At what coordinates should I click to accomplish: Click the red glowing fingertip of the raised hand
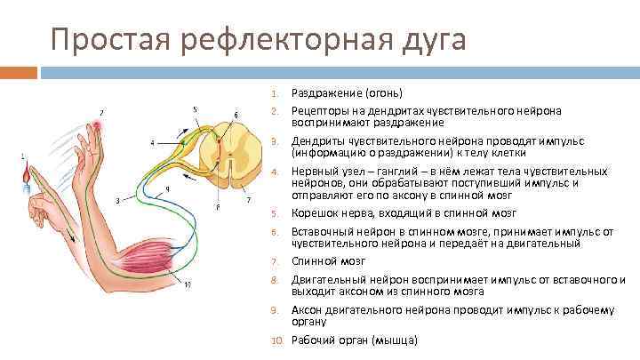tap(96, 128)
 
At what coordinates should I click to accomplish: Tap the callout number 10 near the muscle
tap(187, 285)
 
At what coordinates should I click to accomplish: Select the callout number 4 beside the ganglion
tap(151, 142)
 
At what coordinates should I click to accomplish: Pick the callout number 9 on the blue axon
tap(168, 188)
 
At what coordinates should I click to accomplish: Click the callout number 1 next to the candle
tap(22, 156)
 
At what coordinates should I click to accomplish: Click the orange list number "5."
tap(276, 214)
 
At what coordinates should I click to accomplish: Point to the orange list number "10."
tap(275, 340)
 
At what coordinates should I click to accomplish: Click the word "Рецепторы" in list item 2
tap(320, 110)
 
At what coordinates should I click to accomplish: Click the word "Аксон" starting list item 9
tap(308, 310)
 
